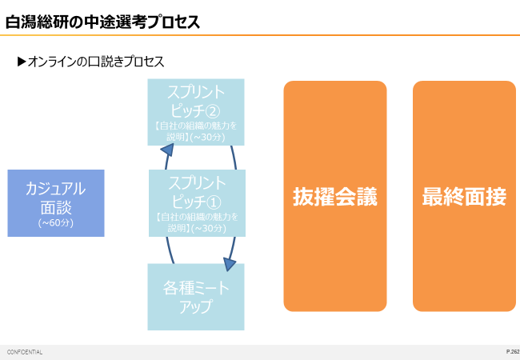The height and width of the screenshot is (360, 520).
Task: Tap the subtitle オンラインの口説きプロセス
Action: click(x=95, y=62)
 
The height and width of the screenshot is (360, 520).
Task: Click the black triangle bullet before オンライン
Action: click(x=22, y=62)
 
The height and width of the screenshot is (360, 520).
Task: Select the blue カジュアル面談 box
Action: click(x=56, y=202)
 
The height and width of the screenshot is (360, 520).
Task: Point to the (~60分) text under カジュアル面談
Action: click(x=56, y=223)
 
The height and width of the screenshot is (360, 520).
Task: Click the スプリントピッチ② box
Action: click(x=196, y=111)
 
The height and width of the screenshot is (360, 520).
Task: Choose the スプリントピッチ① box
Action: click(x=196, y=203)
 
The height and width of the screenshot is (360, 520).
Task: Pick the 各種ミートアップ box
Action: click(x=196, y=297)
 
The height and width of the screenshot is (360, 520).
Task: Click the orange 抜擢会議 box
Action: click(x=335, y=196)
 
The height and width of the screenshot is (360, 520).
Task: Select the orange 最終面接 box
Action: click(x=464, y=196)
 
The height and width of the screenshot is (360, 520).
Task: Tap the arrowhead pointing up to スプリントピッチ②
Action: click(x=167, y=149)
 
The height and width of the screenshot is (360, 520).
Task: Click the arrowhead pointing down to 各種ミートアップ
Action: click(x=230, y=264)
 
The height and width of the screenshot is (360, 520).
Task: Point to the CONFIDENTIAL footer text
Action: click(x=25, y=352)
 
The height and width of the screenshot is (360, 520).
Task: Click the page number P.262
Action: click(x=512, y=352)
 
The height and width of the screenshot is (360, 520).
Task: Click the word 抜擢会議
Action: click(x=335, y=197)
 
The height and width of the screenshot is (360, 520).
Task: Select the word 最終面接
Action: click(x=464, y=197)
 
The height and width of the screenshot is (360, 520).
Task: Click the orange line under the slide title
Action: click(x=260, y=35)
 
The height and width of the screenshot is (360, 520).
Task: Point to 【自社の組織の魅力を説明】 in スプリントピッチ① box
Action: click(x=196, y=222)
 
